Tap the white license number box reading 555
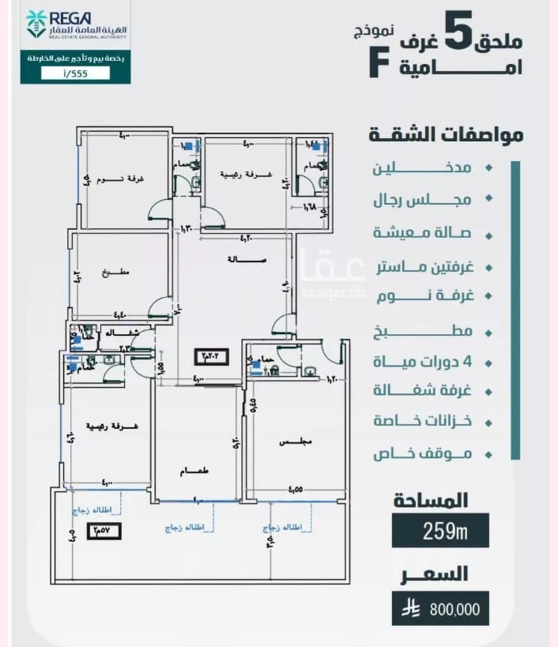pos(74,73)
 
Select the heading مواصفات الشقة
pos(446,135)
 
